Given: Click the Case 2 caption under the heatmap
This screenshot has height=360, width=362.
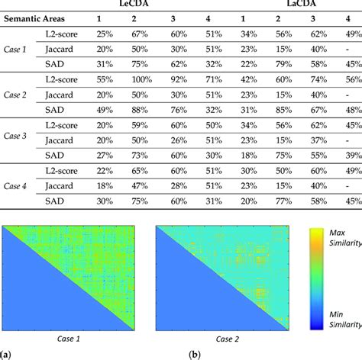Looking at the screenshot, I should tap(203, 336).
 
